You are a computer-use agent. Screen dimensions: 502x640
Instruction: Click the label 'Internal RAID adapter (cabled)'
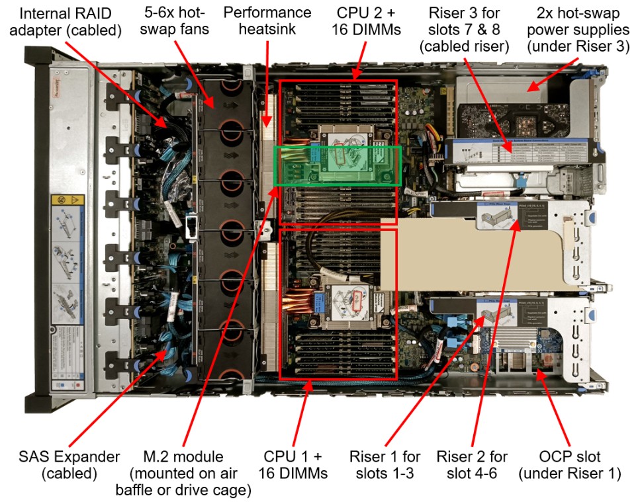pos(69,22)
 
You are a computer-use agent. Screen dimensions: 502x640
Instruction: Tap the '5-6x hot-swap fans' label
pos(174,22)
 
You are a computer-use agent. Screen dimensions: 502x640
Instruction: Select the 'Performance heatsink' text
pos(267,22)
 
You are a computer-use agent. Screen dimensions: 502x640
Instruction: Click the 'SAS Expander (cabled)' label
pos(69,465)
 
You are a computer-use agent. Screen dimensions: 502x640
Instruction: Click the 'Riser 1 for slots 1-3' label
pos(385,465)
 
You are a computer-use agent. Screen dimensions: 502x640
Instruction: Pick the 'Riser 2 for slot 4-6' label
pos(472,465)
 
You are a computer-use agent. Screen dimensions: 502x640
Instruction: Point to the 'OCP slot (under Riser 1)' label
pos(570,465)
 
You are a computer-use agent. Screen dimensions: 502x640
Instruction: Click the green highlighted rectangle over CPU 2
pos(338,165)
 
